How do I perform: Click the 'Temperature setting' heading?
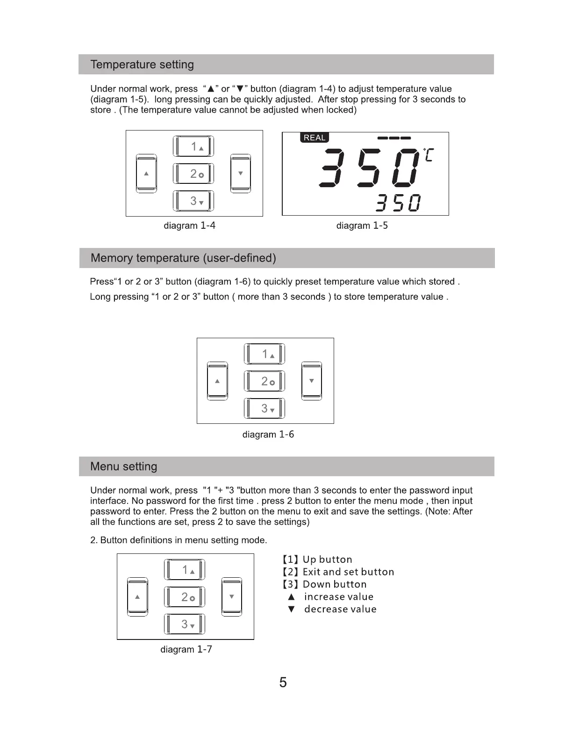pos(142,65)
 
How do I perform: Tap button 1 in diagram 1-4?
pos(193,146)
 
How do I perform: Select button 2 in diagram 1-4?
pos(193,174)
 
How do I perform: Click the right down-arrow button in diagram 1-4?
pos(240,174)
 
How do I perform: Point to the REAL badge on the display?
pos(315,138)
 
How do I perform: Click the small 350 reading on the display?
pos(398,203)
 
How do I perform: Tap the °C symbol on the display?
pos(428,154)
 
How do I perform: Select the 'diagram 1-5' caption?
pos(362,225)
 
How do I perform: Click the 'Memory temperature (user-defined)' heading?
pos(183,258)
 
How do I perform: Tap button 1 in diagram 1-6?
pos(265,354)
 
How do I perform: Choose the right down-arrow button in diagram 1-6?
pos(311,381)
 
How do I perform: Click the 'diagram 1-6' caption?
pos(268,435)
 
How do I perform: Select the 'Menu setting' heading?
pos(124,466)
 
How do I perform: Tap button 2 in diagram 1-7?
pos(185,597)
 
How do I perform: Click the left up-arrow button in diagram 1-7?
pos(137,597)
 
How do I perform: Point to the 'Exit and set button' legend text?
pos(348,572)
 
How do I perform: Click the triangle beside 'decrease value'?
pos(292,609)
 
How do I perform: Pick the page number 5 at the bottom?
pos(283,683)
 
